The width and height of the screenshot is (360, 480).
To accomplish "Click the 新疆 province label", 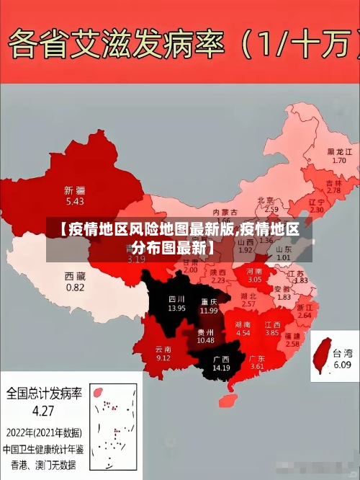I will tap(75, 190).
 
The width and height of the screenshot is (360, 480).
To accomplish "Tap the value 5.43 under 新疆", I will tap(75, 201).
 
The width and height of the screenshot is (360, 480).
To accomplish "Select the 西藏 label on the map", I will tap(75, 276).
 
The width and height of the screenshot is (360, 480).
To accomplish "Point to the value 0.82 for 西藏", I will tap(75, 287).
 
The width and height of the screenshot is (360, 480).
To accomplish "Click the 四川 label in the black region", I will tap(176, 298).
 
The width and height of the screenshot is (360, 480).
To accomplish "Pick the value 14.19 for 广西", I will tap(221, 368).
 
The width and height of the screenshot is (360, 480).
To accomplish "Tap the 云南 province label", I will tap(163, 348).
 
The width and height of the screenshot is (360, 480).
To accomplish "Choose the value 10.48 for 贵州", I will tap(205, 340).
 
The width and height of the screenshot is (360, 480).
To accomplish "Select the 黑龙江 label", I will tap(339, 152).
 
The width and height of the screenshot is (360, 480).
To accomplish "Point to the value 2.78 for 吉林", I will tap(333, 191).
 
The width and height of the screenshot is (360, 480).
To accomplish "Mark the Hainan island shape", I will tap(232, 397).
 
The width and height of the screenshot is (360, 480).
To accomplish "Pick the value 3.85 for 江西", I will tap(271, 334).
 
